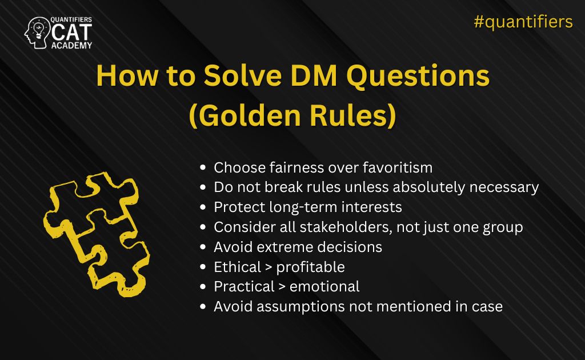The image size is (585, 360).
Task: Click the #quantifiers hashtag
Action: [x=523, y=22]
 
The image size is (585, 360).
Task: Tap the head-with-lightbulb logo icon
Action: [x=37, y=33]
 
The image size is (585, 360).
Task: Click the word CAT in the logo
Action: [x=71, y=33]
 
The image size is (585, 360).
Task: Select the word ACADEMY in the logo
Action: [x=71, y=45]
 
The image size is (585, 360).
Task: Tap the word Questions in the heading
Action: [x=420, y=77]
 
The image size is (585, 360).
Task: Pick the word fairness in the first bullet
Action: [x=292, y=168]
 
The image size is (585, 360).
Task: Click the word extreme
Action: [x=285, y=247]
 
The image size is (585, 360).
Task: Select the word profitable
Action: [x=310, y=267]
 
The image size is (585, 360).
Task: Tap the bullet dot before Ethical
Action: [x=203, y=267]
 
